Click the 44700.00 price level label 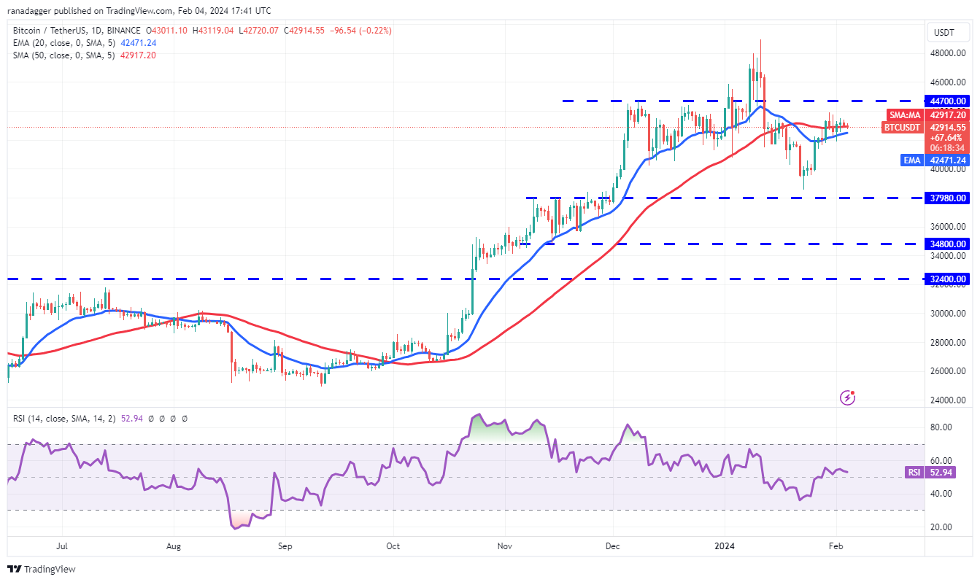[947, 101]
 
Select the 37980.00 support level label [947, 198]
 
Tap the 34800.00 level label [947, 244]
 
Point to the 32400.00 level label [947, 279]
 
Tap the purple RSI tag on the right [914, 473]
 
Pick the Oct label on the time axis [393, 546]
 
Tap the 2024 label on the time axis [725, 546]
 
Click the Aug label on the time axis [174, 546]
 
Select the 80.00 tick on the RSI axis [941, 427]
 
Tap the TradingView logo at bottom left [42, 569]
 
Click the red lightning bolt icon [847, 397]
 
